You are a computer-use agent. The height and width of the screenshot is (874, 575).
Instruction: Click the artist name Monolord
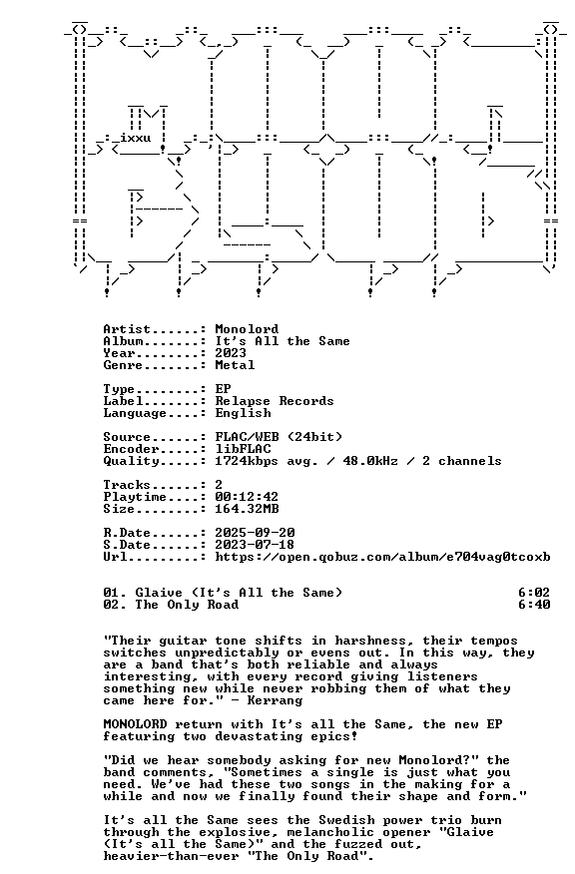(x=247, y=329)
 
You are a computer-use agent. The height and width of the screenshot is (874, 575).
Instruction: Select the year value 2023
(x=231, y=353)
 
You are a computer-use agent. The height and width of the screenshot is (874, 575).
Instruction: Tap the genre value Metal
(x=235, y=365)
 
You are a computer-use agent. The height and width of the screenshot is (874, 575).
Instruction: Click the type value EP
(x=223, y=389)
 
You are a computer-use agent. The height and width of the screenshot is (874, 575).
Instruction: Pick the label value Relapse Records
(x=275, y=401)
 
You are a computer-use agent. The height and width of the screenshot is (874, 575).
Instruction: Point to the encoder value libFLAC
(x=244, y=449)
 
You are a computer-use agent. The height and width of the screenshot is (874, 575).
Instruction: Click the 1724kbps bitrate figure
(x=247, y=461)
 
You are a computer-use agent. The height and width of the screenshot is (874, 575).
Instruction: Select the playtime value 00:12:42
(x=247, y=497)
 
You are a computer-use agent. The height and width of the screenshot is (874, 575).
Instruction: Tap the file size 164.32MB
(x=247, y=509)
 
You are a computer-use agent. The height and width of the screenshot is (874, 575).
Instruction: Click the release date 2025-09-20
(x=255, y=533)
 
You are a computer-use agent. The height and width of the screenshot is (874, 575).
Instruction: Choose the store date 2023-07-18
(x=255, y=545)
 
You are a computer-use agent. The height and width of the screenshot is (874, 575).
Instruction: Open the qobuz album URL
(x=382, y=557)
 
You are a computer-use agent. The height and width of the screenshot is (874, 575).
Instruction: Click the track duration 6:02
(x=534, y=593)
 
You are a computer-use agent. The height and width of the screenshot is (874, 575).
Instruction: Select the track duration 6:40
(x=534, y=605)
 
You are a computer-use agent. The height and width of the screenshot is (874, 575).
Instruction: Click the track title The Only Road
(x=187, y=605)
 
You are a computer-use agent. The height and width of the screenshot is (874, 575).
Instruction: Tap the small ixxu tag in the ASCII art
(x=135, y=138)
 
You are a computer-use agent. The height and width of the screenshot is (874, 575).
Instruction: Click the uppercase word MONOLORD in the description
(x=135, y=724)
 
